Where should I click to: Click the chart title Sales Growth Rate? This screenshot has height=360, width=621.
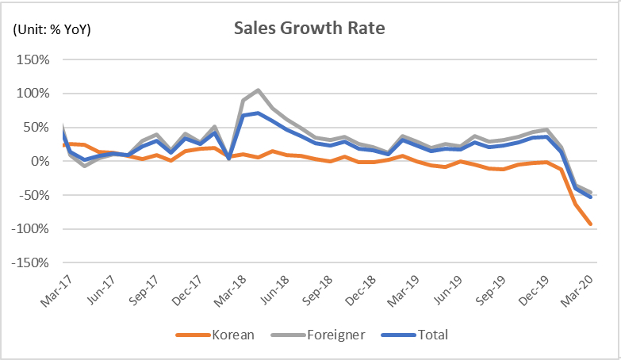click(309, 29)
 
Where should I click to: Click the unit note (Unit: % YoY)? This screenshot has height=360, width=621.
click(51, 30)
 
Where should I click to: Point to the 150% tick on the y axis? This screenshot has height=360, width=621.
click(33, 60)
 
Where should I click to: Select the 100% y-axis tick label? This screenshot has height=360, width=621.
click(33, 94)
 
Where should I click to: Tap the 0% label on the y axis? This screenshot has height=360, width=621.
click(40, 162)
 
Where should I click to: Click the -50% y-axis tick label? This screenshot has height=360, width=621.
click(34, 195)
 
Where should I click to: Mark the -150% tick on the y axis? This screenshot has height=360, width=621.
click(31, 262)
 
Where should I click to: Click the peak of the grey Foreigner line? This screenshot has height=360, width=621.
click(258, 90)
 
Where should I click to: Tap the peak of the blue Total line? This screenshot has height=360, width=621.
click(258, 113)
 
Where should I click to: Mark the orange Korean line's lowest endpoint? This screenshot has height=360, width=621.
click(590, 224)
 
